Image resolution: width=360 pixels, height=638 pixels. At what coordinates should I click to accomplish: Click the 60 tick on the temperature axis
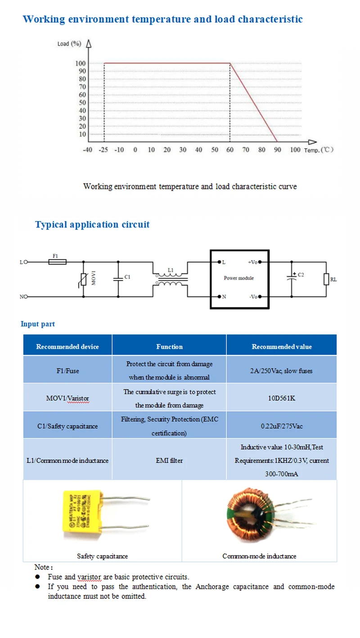click(x=230, y=150)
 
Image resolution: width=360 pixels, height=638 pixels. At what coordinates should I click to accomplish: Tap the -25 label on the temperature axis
click(x=104, y=150)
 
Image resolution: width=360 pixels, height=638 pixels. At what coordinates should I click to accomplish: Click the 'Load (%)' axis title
click(x=69, y=44)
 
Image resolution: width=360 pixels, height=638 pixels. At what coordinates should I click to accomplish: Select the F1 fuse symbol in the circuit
click(x=57, y=262)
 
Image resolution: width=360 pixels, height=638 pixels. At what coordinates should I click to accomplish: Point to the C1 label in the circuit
click(x=127, y=277)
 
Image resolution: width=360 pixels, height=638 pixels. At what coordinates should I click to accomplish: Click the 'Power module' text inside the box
click(x=239, y=278)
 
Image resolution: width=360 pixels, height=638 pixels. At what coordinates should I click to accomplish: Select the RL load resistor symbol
click(x=326, y=279)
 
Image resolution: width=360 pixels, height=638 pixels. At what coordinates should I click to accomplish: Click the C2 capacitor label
click(x=301, y=274)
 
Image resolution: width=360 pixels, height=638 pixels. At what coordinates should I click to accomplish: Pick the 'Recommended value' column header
click(x=282, y=347)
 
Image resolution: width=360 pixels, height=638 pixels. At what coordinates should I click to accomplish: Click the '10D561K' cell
click(x=282, y=398)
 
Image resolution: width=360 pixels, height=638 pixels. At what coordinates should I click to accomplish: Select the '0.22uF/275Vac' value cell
click(x=282, y=426)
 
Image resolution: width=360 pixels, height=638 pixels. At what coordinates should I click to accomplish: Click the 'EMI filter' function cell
click(x=170, y=461)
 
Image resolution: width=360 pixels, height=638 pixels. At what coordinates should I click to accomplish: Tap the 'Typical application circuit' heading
click(x=92, y=225)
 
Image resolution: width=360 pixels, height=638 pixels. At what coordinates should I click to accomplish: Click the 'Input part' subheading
click(x=38, y=324)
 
